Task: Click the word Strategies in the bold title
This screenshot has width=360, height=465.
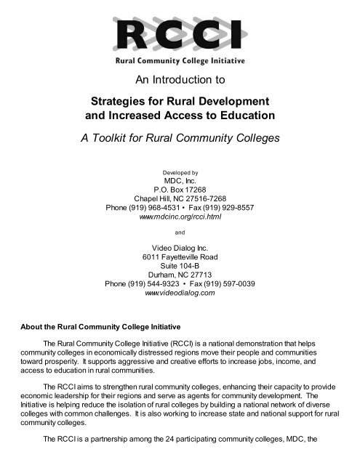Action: (x=116, y=100)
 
